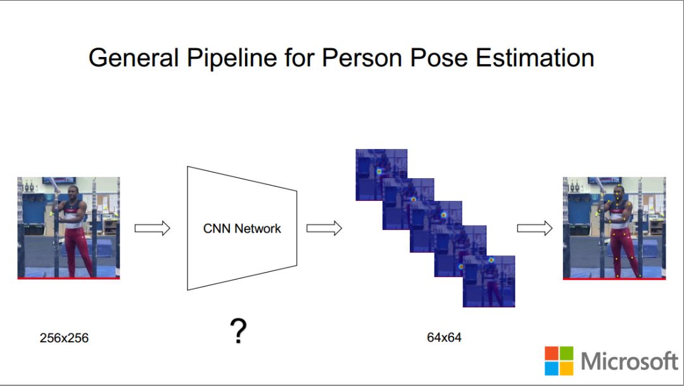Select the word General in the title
133,58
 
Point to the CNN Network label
242,229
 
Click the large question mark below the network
238,331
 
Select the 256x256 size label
64,338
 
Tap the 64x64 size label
444,338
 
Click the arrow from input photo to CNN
153,228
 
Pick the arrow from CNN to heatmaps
324,228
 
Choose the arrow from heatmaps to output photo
535,228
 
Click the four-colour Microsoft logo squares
559,361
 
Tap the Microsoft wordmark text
629,361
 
